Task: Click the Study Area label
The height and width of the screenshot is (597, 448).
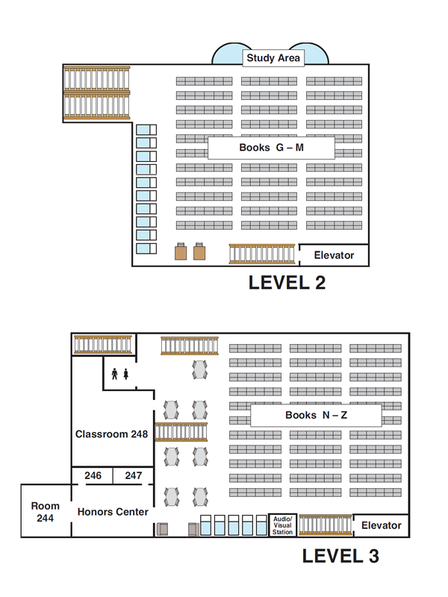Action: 273,57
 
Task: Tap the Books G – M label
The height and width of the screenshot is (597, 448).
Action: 271,148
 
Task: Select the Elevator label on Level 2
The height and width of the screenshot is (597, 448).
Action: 334,255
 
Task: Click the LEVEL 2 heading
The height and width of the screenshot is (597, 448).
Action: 287,282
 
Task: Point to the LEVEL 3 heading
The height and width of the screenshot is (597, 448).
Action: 340,556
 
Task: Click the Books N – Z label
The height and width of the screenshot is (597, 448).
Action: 316,415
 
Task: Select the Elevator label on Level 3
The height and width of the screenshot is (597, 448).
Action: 381,525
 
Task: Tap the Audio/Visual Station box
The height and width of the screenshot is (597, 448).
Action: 283,525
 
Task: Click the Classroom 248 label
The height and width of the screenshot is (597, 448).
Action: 111,434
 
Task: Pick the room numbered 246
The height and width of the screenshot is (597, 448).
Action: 93,475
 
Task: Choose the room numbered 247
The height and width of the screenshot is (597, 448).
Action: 133,475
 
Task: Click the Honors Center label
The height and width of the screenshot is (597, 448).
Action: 113,512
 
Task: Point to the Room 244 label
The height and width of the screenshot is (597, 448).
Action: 45,512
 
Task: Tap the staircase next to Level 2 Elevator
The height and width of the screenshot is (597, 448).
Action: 263,254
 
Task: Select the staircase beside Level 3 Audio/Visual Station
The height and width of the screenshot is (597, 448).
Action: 325,525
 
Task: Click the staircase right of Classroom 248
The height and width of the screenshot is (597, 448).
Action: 181,432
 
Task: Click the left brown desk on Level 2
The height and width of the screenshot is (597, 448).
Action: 181,252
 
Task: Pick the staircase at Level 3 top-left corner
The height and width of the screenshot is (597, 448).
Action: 103,344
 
